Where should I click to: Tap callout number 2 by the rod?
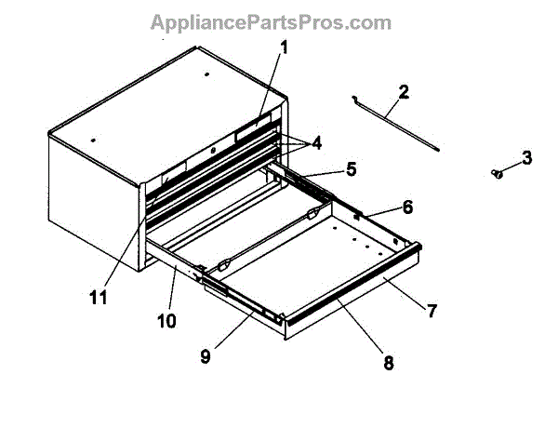click(x=404, y=92)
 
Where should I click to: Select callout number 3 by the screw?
click(x=526, y=157)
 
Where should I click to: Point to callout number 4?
click(x=317, y=143)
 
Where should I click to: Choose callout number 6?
click(x=381, y=206)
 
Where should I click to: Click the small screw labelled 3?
click(x=498, y=173)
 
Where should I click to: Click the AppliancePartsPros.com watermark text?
click(x=278, y=20)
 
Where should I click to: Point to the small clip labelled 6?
click(x=357, y=214)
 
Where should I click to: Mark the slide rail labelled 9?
click(x=237, y=301)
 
